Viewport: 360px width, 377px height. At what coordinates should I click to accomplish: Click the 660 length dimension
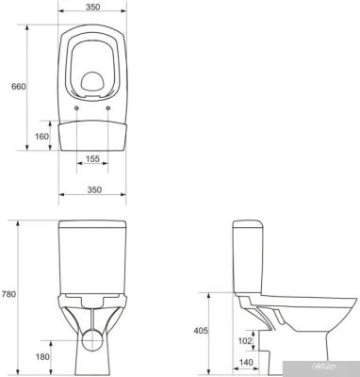coord(17,86)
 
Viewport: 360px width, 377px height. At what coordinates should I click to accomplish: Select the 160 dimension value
coord(41,136)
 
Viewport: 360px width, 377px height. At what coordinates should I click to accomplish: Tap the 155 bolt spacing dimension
coord(91,159)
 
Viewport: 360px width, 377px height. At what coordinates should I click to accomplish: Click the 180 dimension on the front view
coord(42,357)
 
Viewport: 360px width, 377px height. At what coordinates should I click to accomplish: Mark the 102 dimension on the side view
coord(244,341)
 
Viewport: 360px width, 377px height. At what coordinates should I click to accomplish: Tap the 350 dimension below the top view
coord(91,189)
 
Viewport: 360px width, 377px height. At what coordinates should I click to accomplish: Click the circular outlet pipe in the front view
coord(91,341)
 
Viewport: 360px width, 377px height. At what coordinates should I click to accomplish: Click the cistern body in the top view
coord(91,132)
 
